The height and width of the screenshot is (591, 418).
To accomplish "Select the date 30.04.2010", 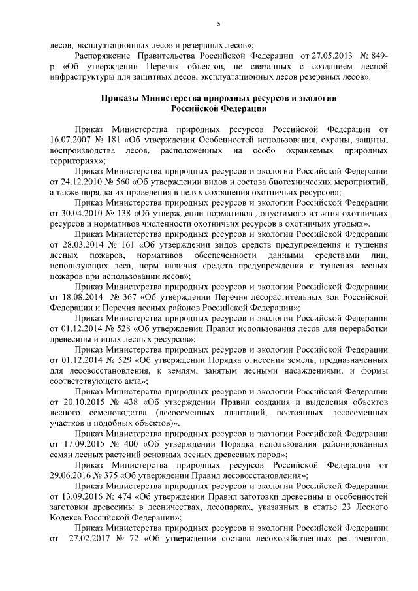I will click(76, 214).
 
